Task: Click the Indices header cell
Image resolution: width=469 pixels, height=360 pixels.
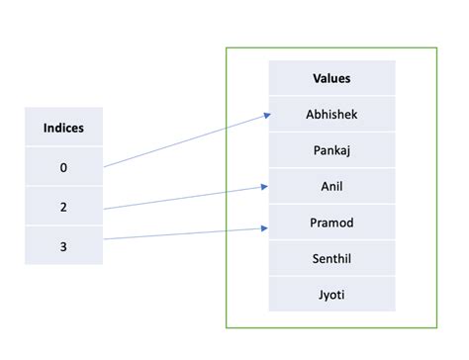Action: (x=63, y=129)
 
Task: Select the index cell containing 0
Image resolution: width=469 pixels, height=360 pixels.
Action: (x=63, y=168)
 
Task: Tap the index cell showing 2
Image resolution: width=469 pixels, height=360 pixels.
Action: (x=63, y=208)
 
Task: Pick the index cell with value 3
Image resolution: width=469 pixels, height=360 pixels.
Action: (x=63, y=245)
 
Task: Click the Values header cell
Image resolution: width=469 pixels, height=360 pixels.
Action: (x=331, y=78)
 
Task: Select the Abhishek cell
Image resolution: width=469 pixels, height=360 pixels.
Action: (x=331, y=114)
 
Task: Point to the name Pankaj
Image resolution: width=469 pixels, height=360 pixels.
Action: (x=331, y=150)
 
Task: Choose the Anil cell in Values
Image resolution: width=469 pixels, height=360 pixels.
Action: (x=331, y=186)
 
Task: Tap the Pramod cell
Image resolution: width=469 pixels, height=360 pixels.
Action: (x=331, y=223)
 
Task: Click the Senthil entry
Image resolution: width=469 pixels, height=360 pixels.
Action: (x=331, y=258)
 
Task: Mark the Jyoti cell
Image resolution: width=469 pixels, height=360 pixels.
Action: (x=331, y=294)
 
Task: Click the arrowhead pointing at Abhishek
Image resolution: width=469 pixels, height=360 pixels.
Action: (x=266, y=116)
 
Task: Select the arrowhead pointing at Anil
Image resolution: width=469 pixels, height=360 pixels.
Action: (x=264, y=185)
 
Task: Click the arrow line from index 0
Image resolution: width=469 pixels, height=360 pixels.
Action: (x=183, y=141)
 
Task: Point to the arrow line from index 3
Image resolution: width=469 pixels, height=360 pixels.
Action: (x=183, y=233)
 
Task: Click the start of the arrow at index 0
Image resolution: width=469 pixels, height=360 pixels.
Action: (x=105, y=167)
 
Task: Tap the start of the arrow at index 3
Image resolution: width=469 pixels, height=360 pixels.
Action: (x=105, y=238)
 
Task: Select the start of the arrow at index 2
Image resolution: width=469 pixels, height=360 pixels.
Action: (x=105, y=209)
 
